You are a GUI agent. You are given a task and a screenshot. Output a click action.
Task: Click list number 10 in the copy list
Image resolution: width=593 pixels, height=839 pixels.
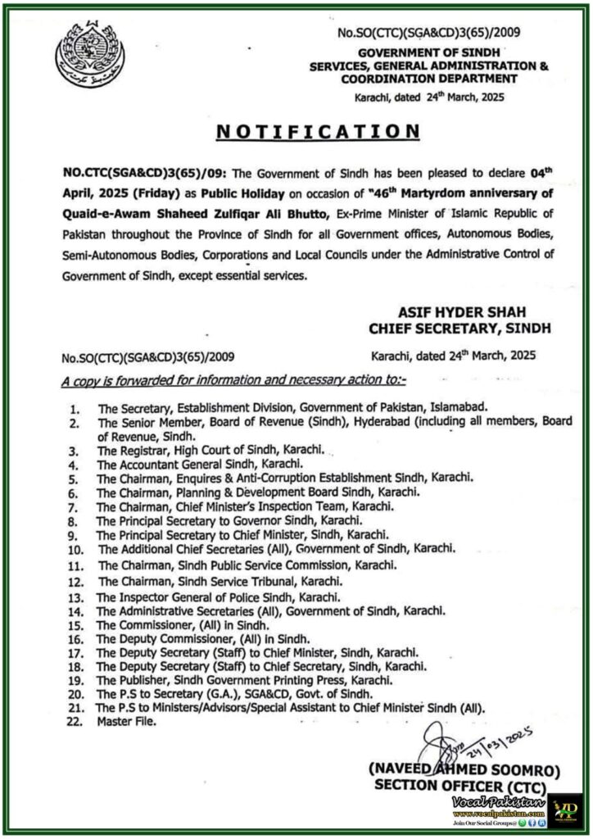tap(75, 548)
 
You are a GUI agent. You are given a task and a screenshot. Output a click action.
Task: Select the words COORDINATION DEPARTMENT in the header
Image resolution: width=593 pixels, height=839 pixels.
tap(436, 79)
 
